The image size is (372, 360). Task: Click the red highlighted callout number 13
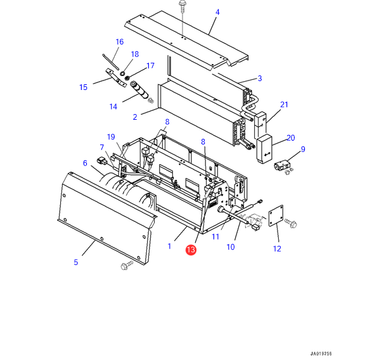tap(191, 250)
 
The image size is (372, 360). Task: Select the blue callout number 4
tap(217, 12)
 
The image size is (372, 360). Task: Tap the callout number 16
tap(120, 42)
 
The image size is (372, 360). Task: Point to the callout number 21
tap(284, 105)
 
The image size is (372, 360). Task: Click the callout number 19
tap(111, 137)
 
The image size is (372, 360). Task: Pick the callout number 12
tap(277, 248)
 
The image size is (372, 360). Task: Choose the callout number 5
tap(75, 262)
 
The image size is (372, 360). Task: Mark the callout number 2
tap(135, 117)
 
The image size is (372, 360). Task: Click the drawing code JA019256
tap(321, 354)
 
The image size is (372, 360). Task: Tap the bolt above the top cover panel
tap(183, 6)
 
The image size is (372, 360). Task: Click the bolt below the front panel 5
tap(127, 265)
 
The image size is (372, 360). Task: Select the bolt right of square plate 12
tap(290, 222)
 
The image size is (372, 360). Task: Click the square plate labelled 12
tap(276, 215)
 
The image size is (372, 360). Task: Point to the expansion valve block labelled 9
tap(282, 165)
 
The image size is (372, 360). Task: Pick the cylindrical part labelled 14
tap(139, 90)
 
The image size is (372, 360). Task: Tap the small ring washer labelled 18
tap(122, 74)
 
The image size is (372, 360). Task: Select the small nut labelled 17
tap(127, 77)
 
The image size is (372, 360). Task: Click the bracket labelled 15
tap(115, 77)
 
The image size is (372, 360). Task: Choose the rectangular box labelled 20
tap(264, 149)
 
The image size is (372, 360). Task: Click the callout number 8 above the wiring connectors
tap(167, 122)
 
